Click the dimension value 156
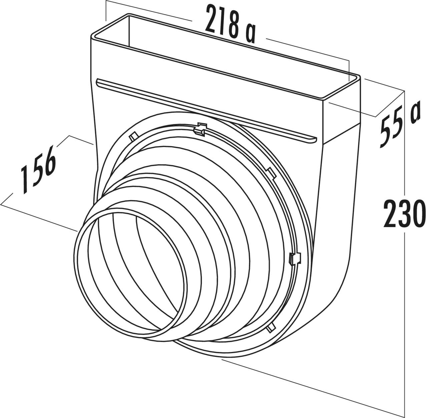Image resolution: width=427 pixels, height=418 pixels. coord(37,170)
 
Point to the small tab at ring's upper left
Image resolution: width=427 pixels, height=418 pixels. coord(133,136)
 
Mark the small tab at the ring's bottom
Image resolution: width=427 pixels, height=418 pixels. coord(271,328)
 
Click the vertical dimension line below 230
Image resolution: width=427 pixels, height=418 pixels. coord(404,317)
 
